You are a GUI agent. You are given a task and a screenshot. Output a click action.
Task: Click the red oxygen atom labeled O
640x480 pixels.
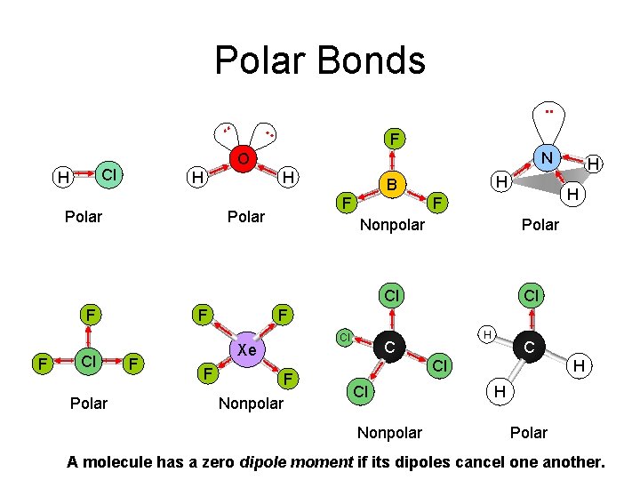coord(242,160)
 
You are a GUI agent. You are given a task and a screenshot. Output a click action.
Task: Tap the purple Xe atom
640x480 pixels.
coord(246,350)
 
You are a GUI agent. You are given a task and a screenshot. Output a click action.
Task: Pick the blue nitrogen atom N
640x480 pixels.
coord(548,158)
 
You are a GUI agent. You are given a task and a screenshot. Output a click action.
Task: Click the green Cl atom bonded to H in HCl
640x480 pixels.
coord(108,172)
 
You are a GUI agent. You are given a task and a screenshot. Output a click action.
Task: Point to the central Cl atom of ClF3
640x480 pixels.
coord(88,362)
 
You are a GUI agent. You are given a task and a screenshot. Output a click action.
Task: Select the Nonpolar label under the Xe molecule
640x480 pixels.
coord(251,404)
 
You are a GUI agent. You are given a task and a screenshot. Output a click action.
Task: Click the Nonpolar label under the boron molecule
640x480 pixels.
coord(392,226)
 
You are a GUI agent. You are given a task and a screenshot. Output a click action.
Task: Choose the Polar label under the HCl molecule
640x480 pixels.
coord(84,217)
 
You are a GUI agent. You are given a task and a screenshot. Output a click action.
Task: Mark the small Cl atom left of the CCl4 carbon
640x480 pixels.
coord(341,337)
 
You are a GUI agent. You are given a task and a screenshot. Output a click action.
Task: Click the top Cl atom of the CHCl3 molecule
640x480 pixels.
coord(532,294)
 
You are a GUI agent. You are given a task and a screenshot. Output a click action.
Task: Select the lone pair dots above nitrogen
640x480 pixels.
coord(548,112)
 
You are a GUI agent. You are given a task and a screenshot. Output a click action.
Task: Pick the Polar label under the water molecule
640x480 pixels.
coord(246,217)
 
